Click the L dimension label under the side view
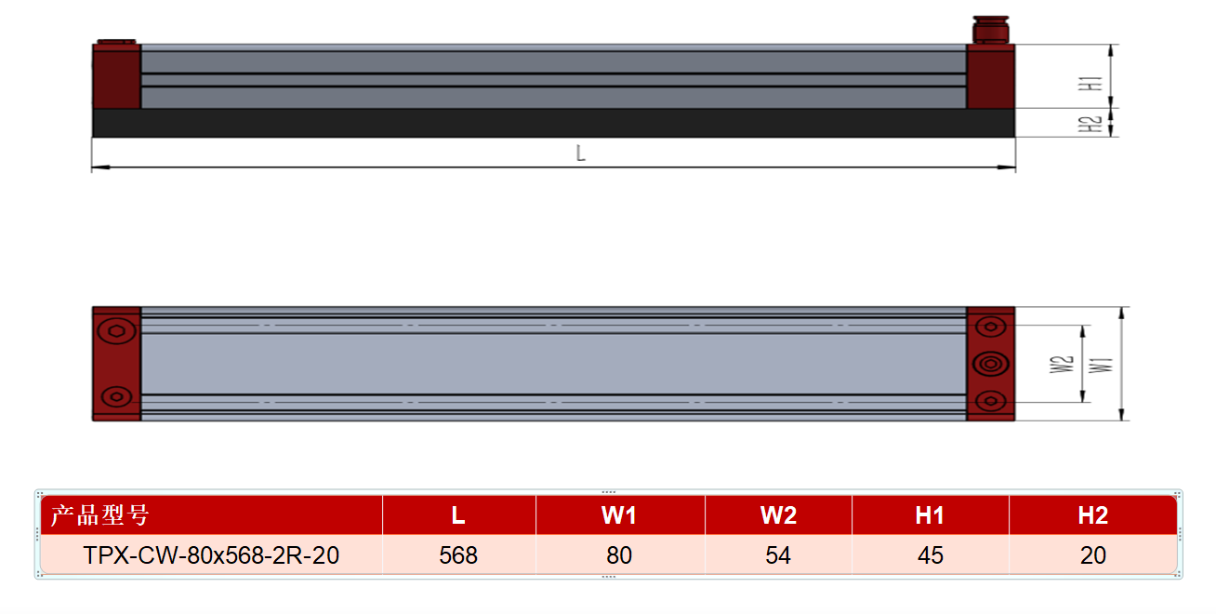point(580,153)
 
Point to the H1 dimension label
point(1090,84)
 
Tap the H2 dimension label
point(1090,125)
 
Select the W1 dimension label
point(1101,366)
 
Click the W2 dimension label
point(1062,365)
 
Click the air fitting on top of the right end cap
point(991,30)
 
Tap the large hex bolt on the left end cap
point(117,330)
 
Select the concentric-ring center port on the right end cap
point(991,364)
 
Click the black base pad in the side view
point(554,123)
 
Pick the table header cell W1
point(619,515)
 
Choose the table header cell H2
point(1092,515)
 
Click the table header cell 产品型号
point(212,515)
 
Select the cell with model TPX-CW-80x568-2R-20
point(212,554)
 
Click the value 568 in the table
point(458,555)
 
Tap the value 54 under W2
point(778,555)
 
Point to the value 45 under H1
point(931,555)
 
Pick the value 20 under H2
point(1092,555)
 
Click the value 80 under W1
point(619,555)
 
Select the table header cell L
point(458,515)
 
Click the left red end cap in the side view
point(117,76)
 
